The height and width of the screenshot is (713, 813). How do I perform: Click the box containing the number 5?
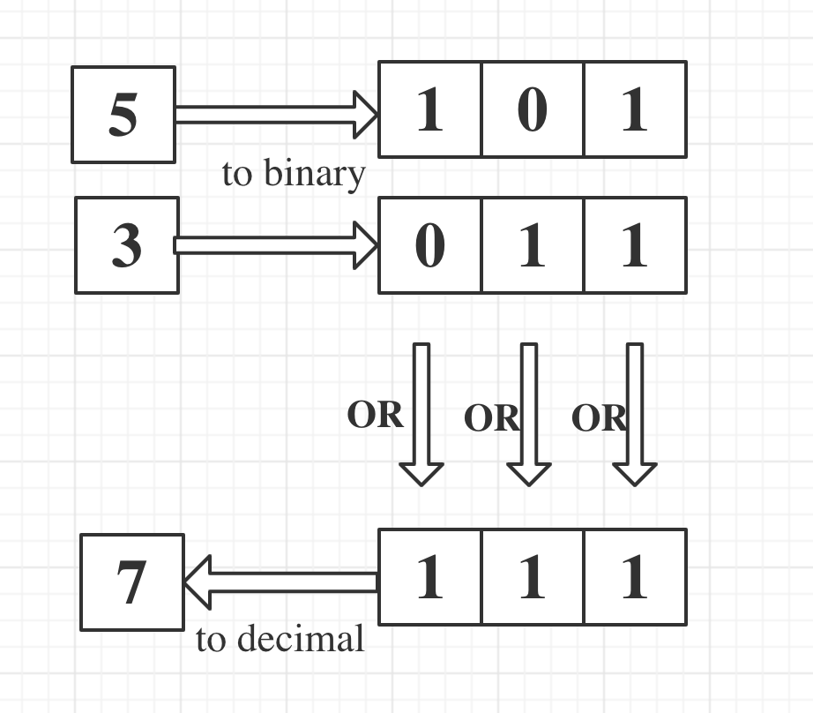[x=123, y=115]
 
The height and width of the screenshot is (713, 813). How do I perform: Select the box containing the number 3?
[x=127, y=245]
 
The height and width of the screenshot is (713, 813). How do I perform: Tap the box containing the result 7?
[x=132, y=582]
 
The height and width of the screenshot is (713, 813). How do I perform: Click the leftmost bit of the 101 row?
[x=430, y=109]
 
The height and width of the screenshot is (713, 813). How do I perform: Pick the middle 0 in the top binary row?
[x=532, y=109]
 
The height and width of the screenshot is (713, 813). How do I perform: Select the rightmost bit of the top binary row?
[x=635, y=109]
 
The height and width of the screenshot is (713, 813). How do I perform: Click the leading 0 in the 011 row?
[x=430, y=245]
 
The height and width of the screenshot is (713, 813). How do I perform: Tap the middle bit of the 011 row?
[x=532, y=245]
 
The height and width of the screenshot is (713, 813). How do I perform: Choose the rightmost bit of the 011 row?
[x=635, y=245]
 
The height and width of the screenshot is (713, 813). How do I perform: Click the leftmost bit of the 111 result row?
[x=430, y=577]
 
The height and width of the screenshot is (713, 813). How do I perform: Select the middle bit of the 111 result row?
[x=532, y=577]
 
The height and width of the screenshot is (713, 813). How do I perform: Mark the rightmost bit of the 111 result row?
[x=635, y=577]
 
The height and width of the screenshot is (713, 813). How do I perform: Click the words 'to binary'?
[x=293, y=174]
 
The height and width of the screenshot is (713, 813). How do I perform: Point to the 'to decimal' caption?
[x=280, y=639]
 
